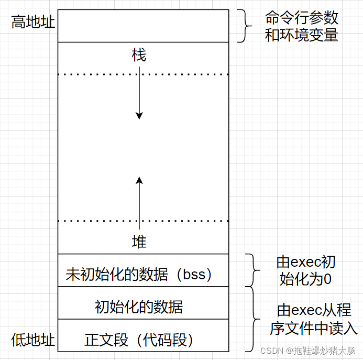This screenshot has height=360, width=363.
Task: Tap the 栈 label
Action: (139, 56)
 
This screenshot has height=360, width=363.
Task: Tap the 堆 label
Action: (139, 242)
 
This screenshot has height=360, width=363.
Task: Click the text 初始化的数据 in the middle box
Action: (139, 306)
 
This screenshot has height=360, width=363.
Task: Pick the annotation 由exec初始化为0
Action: (306, 270)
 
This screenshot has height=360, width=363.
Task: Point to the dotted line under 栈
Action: (142, 74)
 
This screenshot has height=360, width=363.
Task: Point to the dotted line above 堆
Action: (142, 221)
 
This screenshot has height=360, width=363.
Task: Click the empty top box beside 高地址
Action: (142, 25)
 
